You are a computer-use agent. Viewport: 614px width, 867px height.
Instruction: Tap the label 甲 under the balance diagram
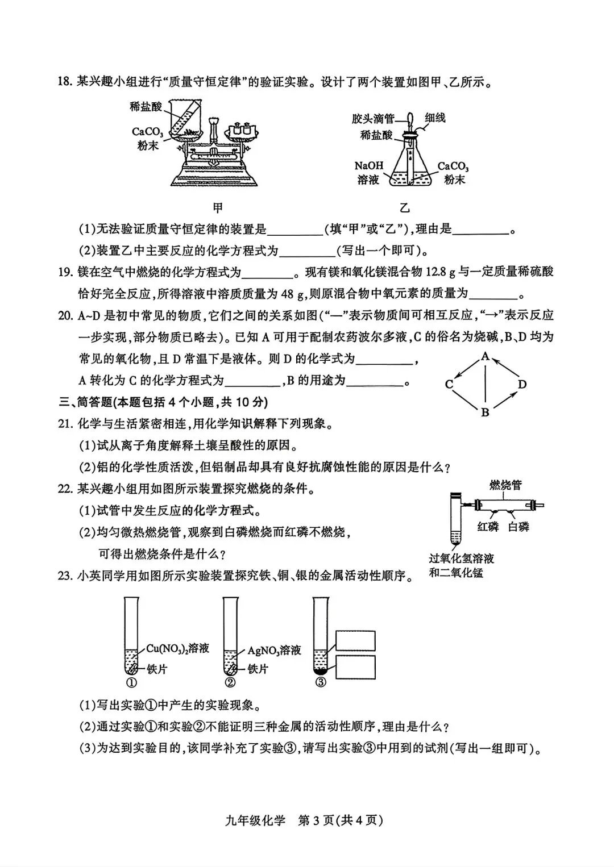[x=217, y=207]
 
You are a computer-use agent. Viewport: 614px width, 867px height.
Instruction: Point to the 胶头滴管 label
[x=373, y=119]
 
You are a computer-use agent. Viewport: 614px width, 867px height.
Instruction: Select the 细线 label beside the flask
[x=435, y=118]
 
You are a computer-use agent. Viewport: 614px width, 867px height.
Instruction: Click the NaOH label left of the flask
[x=369, y=166]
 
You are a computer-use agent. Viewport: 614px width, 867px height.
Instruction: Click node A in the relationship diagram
[x=485, y=357]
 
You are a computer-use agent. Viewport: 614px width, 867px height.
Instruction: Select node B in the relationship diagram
[x=485, y=412]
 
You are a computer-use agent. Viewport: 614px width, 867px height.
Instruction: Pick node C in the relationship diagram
[x=449, y=385]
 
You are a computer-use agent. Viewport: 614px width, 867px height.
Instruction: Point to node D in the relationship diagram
[x=522, y=385]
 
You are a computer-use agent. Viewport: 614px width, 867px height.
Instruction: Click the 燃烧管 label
[x=505, y=485]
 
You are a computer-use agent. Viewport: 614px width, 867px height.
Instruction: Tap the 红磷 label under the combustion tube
[x=488, y=527]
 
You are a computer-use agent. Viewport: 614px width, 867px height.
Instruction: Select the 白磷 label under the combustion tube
[x=518, y=527]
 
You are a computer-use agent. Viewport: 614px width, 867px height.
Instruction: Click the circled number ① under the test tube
[x=132, y=682]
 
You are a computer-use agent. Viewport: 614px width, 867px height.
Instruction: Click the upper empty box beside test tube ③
[x=355, y=640]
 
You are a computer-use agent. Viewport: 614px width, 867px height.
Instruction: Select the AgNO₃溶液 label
[x=274, y=651]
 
